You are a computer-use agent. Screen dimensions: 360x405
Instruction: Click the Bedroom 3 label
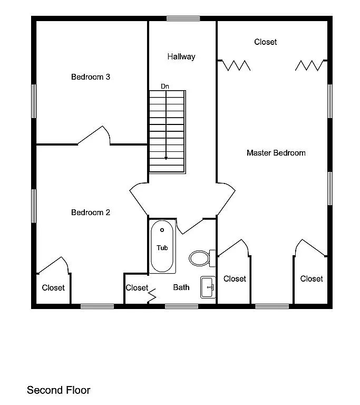(91, 77)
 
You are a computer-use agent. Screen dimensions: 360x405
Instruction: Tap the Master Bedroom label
(276, 153)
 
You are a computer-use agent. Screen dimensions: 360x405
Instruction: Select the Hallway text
(181, 57)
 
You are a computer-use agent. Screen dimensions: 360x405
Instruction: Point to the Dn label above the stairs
(165, 86)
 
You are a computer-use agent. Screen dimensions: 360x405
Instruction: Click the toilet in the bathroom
(202, 258)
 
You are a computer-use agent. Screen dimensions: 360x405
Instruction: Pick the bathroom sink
(208, 287)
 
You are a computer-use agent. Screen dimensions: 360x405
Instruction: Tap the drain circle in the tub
(162, 230)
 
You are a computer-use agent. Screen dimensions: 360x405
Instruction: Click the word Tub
(162, 248)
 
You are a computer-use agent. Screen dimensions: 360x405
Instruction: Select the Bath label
(181, 287)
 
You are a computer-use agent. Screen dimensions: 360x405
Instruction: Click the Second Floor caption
(59, 390)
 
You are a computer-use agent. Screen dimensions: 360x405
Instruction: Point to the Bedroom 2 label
(91, 213)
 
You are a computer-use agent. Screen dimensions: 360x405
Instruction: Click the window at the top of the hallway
(183, 18)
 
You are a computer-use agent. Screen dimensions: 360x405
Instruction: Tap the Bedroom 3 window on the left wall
(34, 101)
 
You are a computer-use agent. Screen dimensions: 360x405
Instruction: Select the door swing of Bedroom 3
(94, 136)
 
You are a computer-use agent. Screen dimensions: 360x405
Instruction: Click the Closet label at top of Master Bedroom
(266, 42)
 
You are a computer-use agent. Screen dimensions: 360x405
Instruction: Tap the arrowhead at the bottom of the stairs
(166, 158)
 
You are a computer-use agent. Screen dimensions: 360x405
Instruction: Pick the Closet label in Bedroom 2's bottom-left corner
(53, 288)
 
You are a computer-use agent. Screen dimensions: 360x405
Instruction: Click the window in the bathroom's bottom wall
(181, 306)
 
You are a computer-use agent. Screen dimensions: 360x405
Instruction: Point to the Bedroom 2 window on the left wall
(34, 206)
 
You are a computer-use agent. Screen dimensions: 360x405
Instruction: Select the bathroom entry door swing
(189, 227)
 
